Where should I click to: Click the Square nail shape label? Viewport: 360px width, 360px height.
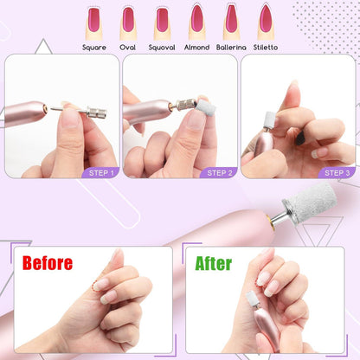coord(94,48)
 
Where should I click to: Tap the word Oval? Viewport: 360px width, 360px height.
coord(127,48)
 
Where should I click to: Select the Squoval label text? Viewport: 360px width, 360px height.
coord(162,48)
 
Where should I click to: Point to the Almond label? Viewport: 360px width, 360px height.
coord(196,48)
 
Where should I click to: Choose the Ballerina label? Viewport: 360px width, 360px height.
coord(231,48)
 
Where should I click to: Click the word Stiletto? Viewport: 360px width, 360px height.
coord(266,48)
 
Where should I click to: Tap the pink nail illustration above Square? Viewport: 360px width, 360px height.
coord(93,20)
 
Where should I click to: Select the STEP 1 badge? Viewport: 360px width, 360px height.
coord(100,173)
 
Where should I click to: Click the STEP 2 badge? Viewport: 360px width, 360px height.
coord(219,173)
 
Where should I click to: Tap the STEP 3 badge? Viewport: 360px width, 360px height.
coord(337,173)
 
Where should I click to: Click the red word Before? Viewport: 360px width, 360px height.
coord(48,263)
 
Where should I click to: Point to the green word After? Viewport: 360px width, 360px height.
coord(214,263)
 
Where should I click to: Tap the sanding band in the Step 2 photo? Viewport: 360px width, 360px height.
coord(205,107)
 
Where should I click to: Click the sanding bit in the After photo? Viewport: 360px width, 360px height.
coord(253,299)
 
